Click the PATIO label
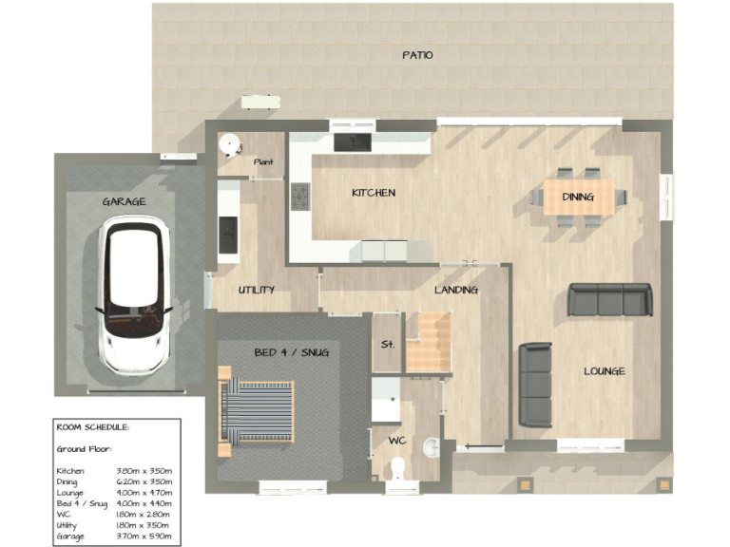click(416, 55)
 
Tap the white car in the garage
click(137, 293)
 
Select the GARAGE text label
click(124, 201)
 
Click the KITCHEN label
click(373, 193)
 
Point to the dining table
click(578, 198)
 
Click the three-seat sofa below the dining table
click(610, 300)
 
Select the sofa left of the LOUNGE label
click(535, 385)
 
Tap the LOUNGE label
click(604, 371)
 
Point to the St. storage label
click(387, 344)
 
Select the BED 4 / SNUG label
click(291, 352)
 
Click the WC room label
click(397, 441)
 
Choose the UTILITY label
click(256, 290)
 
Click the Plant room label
click(263, 162)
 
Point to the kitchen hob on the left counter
click(300, 197)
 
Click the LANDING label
click(455, 290)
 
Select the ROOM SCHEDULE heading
click(93, 427)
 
